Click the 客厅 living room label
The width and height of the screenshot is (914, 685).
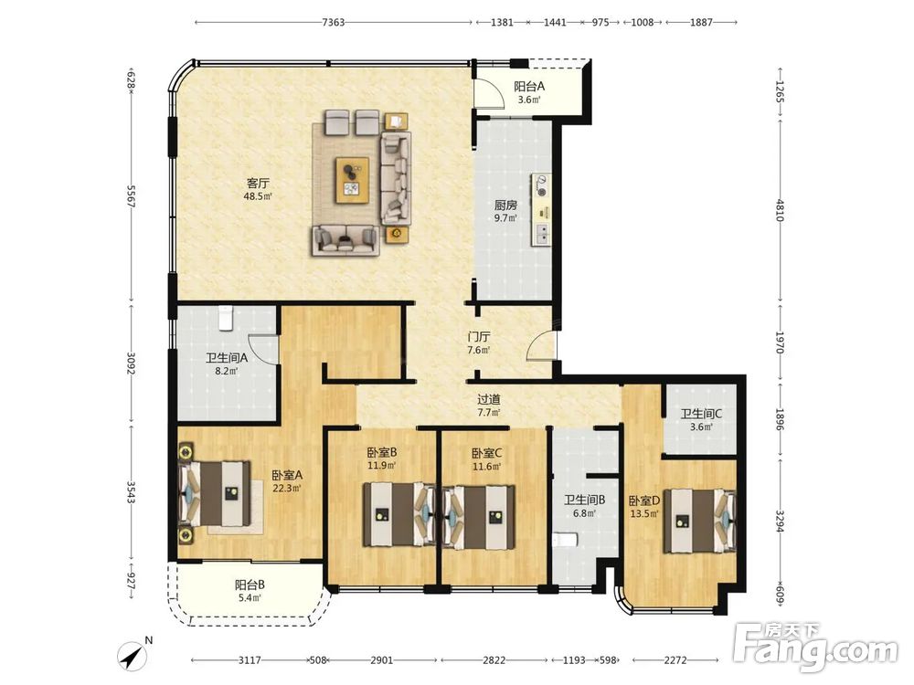257,184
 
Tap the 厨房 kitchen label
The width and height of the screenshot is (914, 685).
505,205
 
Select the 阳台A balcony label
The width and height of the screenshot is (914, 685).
529,87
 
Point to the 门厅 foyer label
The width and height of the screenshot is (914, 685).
479,337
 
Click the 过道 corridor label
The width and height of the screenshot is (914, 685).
489,400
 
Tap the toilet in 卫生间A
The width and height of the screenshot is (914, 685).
226,318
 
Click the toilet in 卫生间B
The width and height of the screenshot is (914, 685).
565,540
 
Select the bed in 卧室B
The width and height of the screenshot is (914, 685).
399,515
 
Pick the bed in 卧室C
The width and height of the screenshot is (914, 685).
479,517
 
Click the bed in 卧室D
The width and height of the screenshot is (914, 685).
699,521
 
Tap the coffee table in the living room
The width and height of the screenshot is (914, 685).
353,180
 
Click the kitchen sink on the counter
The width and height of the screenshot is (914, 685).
542,234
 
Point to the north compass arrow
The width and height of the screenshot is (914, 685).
133,657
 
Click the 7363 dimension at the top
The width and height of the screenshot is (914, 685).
334,23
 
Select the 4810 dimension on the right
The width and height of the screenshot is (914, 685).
780,211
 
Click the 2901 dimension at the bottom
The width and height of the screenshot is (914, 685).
381,660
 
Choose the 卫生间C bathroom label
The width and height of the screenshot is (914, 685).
701,414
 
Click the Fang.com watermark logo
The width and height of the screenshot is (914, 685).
815,647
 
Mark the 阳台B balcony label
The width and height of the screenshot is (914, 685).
250,585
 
